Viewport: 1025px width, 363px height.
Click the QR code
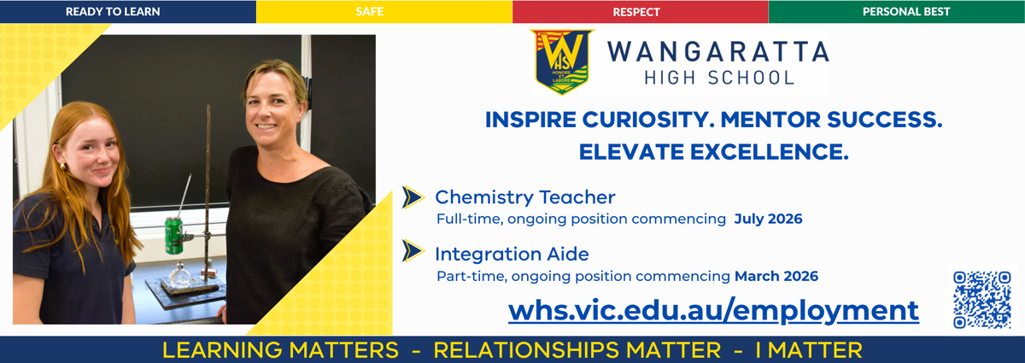coord(982,300)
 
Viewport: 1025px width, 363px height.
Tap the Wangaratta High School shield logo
coord(562,61)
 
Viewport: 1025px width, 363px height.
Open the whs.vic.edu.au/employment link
coord(713,311)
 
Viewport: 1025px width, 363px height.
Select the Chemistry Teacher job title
coord(524,197)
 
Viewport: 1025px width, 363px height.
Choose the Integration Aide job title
coord(512,254)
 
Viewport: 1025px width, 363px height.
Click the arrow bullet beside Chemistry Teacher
coord(413,197)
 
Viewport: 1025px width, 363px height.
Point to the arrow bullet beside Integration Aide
coord(413,251)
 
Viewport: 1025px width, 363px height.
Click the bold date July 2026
coord(768,219)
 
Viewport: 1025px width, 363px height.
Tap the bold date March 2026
coord(776,276)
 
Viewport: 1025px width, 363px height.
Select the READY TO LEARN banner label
coord(113,11)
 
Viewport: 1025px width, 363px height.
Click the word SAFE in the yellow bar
coord(369,11)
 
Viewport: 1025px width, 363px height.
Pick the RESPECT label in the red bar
coord(636,12)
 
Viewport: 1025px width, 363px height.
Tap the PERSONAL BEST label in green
coord(906,11)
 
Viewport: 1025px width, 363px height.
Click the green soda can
coord(174,236)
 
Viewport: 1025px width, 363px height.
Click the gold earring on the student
coord(62,166)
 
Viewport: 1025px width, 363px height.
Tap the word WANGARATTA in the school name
coord(718,51)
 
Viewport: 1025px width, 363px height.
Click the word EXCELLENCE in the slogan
coord(770,152)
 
